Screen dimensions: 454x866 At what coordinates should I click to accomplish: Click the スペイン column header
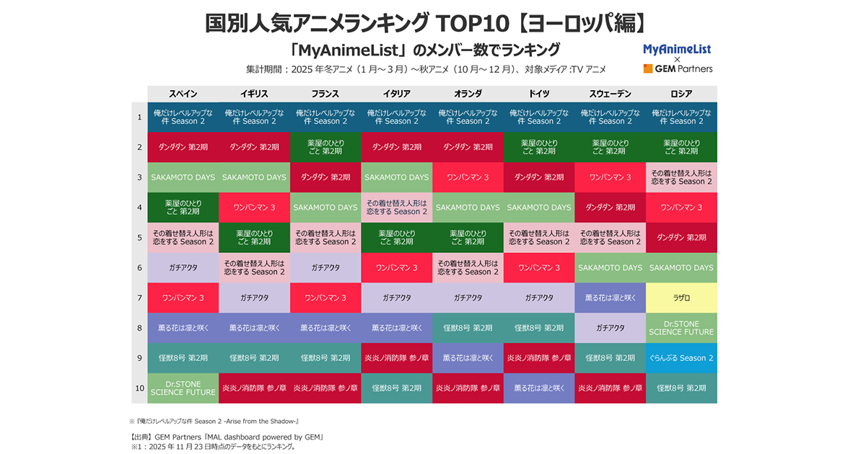point(183,94)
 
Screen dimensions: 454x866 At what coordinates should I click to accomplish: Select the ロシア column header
point(681,94)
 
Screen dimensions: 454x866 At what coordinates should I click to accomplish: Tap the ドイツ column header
point(539,94)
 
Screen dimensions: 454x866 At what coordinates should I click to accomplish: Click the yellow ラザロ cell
point(681,298)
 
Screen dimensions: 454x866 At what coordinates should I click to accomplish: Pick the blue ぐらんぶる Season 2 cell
point(681,358)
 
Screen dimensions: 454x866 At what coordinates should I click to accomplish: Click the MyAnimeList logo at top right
point(677,48)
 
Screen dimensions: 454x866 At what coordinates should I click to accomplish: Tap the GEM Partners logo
point(678,69)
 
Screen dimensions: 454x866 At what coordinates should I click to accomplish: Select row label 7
point(139,298)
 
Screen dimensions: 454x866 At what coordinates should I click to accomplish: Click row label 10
point(139,388)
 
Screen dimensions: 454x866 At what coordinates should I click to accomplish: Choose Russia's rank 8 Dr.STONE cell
point(681,328)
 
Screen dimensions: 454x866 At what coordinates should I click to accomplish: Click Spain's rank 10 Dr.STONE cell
point(183,388)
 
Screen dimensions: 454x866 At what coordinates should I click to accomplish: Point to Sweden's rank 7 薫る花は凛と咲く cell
point(610,298)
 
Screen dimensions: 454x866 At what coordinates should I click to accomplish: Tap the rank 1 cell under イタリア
point(396,117)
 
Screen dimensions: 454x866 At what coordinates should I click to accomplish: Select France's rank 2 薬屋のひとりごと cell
point(325,147)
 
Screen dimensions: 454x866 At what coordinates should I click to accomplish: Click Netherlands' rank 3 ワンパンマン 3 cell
point(468,177)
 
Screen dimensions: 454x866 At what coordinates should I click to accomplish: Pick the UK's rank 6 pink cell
point(254,267)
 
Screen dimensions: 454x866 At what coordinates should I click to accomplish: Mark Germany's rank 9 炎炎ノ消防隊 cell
point(539,358)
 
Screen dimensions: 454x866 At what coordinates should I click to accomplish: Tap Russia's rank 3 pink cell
point(681,177)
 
